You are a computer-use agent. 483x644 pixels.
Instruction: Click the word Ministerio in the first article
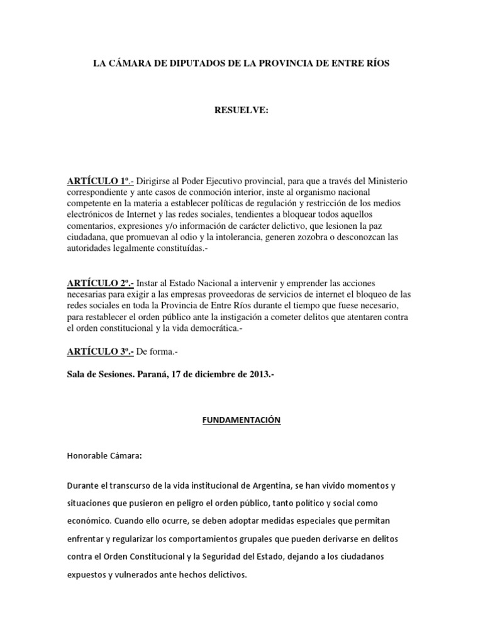tap(386, 181)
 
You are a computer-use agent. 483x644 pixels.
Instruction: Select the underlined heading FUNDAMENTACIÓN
tap(241, 419)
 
